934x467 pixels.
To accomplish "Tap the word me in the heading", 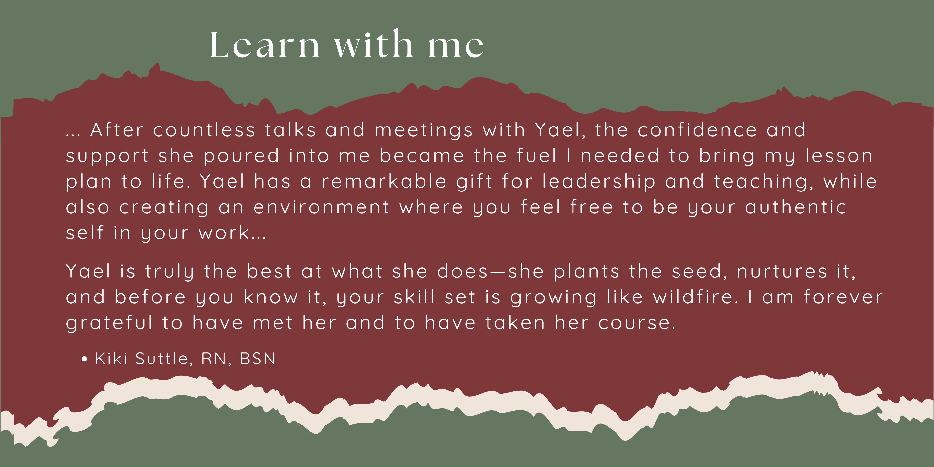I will click(x=456, y=47).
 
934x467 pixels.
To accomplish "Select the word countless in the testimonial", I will click(x=204, y=130).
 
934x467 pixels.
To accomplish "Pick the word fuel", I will click(x=537, y=156).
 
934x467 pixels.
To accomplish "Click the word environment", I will click(x=321, y=207).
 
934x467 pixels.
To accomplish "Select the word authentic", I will click(x=796, y=207).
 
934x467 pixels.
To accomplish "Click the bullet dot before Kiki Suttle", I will click(x=85, y=359).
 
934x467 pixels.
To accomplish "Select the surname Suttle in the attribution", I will click(x=161, y=359).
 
